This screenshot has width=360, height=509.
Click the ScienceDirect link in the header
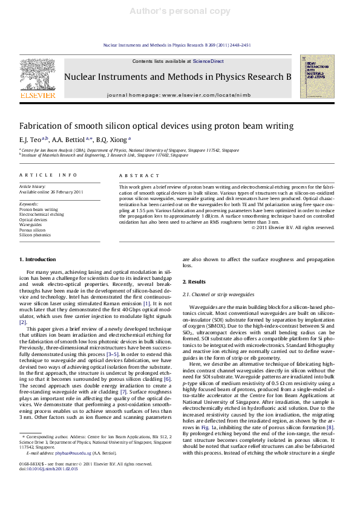pyautogui.click(x=208, y=62)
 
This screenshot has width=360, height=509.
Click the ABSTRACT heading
pyautogui.click(x=136, y=175)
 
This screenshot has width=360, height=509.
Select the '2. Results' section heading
pyautogui.click(x=195, y=282)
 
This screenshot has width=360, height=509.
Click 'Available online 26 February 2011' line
pyautogui.click(x=48, y=192)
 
